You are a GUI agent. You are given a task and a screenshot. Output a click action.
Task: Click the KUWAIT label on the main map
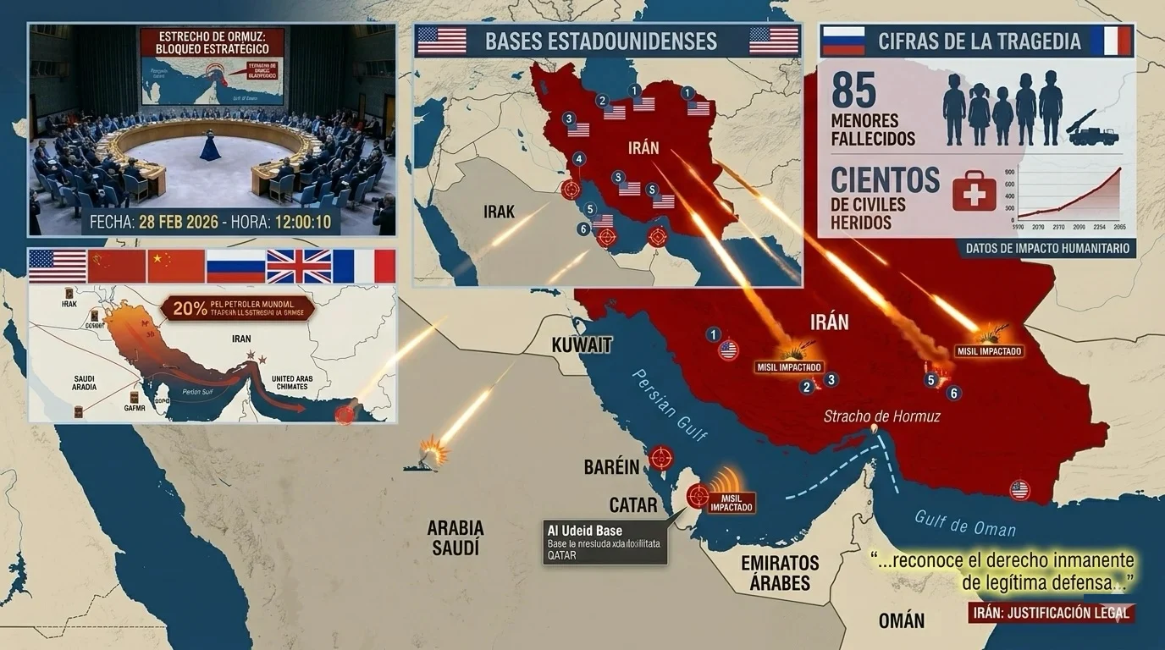coord(582,344)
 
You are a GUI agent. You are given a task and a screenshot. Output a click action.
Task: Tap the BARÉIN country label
coord(611,467)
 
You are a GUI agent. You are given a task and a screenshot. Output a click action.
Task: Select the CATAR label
coord(633,505)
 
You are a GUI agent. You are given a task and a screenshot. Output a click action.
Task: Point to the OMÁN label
coord(902,620)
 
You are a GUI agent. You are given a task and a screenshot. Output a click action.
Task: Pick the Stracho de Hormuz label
coord(882,416)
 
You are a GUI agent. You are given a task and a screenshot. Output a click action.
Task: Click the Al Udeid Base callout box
coord(605,543)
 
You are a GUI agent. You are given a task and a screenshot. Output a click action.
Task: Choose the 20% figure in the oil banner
coord(190,308)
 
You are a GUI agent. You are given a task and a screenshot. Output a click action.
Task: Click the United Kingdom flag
coord(299,266)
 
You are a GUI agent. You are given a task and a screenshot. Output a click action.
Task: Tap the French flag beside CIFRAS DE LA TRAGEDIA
coord(1112,41)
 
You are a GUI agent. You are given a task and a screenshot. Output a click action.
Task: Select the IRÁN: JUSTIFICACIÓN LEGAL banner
coord(1050,613)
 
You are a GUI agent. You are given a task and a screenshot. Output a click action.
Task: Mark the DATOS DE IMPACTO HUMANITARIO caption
coord(1050,248)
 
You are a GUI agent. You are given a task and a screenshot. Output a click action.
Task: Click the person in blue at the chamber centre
coord(210,146)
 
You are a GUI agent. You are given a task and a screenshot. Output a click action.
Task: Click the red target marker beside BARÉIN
coord(661,458)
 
